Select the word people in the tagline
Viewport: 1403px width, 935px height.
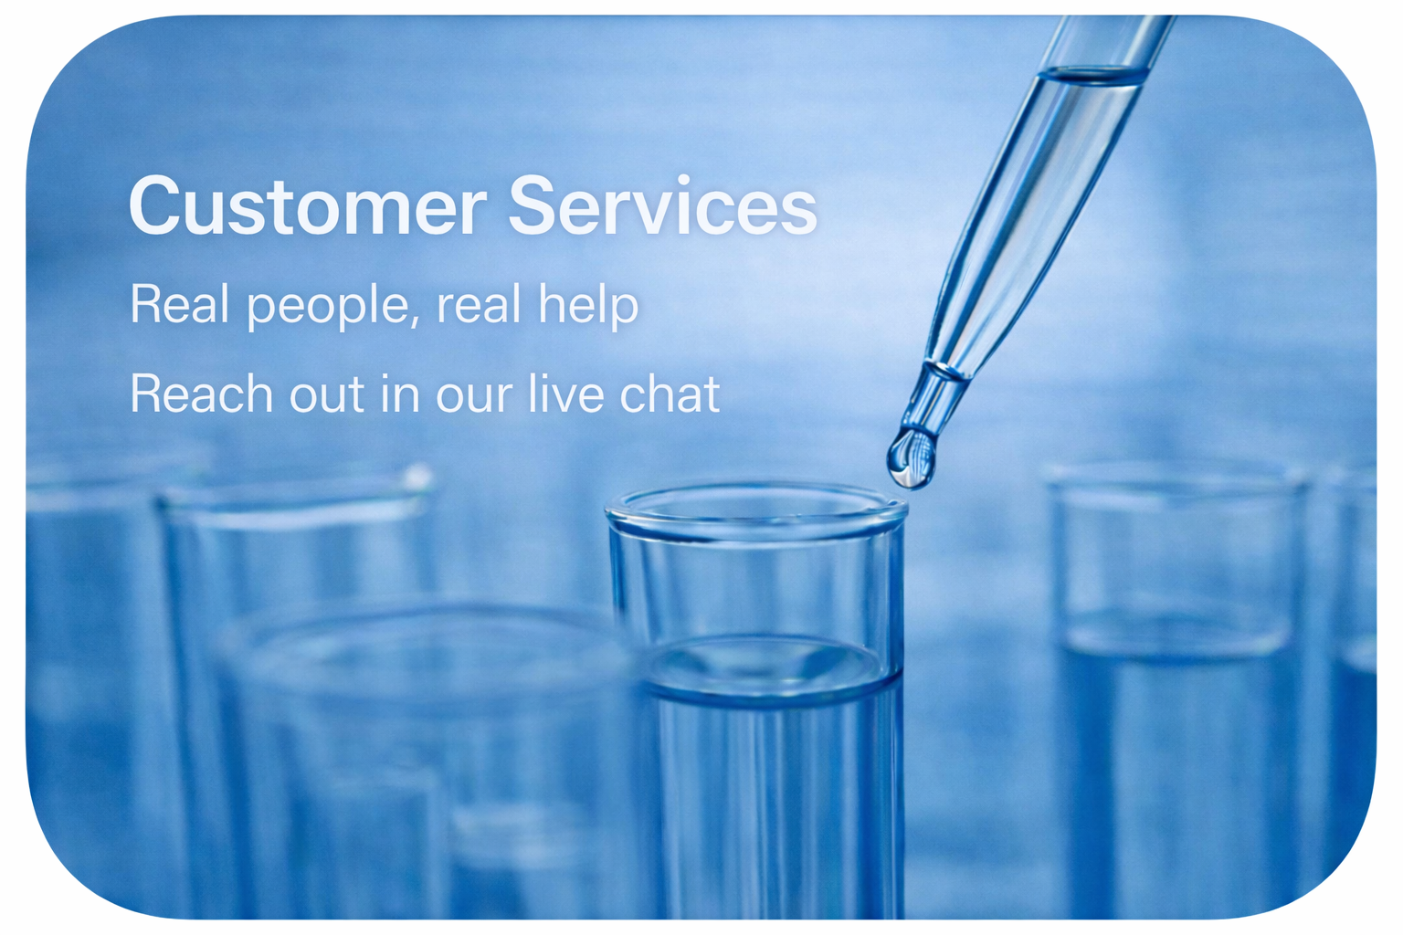click(x=328, y=306)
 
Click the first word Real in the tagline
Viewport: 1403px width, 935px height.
click(x=180, y=304)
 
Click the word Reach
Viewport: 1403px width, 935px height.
click(x=202, y=394)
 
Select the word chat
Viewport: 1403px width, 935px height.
click(x=670, y=394)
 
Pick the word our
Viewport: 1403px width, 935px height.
click(x=474, y=398)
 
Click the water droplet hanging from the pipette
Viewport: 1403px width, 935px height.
click(x=911, y=457)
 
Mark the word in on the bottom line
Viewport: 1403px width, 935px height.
click(x=400, y=394)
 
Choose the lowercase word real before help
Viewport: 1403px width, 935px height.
click(x=479, y=304)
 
